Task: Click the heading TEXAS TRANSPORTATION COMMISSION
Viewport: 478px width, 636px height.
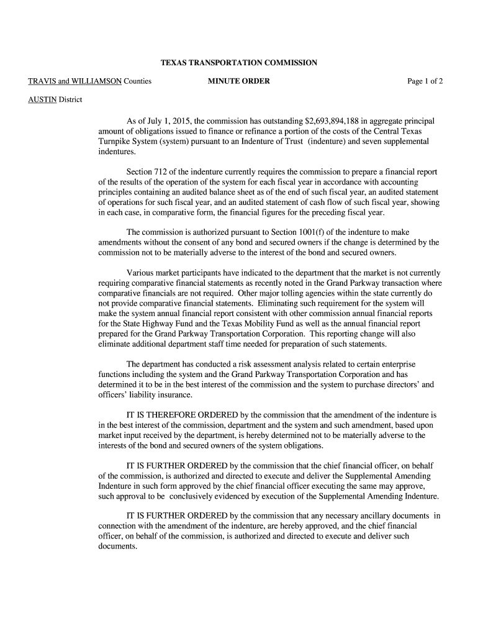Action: tap(239, 63)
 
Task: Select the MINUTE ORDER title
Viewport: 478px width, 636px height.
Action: tap(238, 81)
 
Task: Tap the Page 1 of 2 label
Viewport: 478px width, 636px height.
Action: tap(425, 81)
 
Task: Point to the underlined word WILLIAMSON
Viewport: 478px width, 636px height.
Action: tap(96, 81)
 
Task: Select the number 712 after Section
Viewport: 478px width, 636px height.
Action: tap(165, 172)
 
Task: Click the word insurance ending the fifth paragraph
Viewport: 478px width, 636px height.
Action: tap(175, 394)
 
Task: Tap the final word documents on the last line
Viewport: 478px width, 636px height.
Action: tap(117, 547)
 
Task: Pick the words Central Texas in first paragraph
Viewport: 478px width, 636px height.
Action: tap(410, 131)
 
